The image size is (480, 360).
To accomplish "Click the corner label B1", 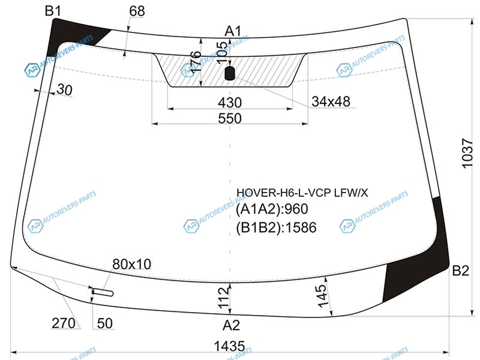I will [x=53, y=10].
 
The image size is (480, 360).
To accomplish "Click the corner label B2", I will [x=460, y=271].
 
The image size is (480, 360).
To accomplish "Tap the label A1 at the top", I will [x=233, y=31].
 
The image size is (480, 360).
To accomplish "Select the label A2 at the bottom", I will [x=231, y=325].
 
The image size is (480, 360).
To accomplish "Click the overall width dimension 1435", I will [x=231, y=346].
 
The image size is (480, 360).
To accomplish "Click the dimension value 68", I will [x=137, y=11].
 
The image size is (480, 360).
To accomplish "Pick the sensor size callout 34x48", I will [x=331, y=101].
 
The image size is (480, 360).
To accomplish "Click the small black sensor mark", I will [x=229, y=74].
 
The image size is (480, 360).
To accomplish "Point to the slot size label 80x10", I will [x=132, y=264].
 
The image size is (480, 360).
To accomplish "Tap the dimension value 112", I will [x=223, y=299].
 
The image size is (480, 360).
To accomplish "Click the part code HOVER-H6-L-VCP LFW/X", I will [x=302, y=193].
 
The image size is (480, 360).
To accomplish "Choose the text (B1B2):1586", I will [x=276, y=227].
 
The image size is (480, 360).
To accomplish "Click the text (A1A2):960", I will [x=272, y=210].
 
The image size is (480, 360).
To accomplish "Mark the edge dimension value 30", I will [x=64, y=90].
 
